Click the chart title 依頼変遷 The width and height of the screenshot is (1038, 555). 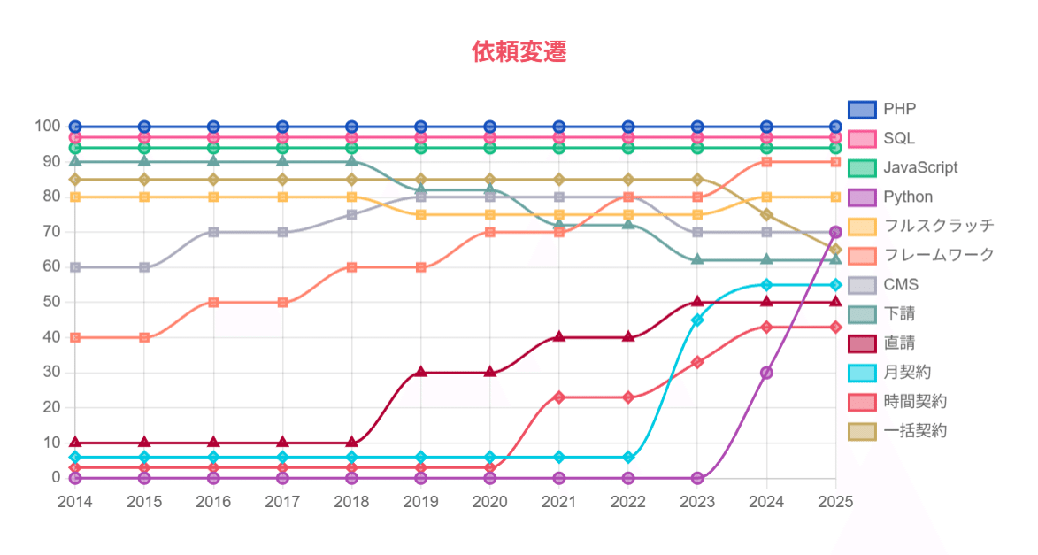pyautogui.click(x=519, y=51)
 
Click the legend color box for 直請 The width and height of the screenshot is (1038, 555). pyautogui.click(x=862, y=343)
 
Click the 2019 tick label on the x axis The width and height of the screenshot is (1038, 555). pyautogui.click(x=420, y=502)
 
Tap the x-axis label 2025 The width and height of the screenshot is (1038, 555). pyautogui.click(x=835, y=502)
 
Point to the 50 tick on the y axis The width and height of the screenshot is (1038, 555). pyautogui.click(x=50, y=302)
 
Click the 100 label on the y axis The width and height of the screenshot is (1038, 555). pyautogui.click(x=46, y=127)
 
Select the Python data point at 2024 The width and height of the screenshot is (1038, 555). pyautogui.click(x=766, y=373)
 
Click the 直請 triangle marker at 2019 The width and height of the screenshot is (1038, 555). pyautogui.click(x=421, y=373)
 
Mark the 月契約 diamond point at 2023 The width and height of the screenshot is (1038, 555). pyautogui.click(x=697, y=320)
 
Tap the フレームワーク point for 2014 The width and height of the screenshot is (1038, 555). pyautogui.click(x=75, y=337)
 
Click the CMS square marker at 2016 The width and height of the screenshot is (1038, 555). pyautogui.click(x=213, y=232)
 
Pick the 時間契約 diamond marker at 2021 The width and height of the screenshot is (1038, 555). pyautogui.click(x=559, y=397)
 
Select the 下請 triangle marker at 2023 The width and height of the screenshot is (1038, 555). pyautogui.click(x=697, y=259)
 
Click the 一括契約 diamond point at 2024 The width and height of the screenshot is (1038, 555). pyautogui.click(x=766, y=214)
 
